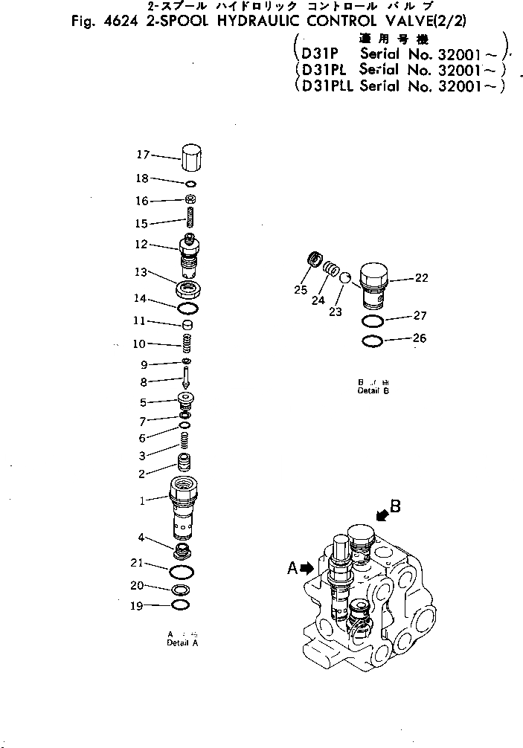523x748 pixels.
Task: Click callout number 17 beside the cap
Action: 142,155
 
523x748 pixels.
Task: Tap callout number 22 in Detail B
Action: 421,279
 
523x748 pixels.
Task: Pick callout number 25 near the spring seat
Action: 301,290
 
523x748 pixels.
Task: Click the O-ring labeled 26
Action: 374,342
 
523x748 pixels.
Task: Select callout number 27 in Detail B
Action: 421,315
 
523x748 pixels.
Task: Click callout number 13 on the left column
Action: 141,273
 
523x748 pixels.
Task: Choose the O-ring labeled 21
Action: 182,571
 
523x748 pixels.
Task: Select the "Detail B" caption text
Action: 373,390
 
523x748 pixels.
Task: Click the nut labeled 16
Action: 190,199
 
